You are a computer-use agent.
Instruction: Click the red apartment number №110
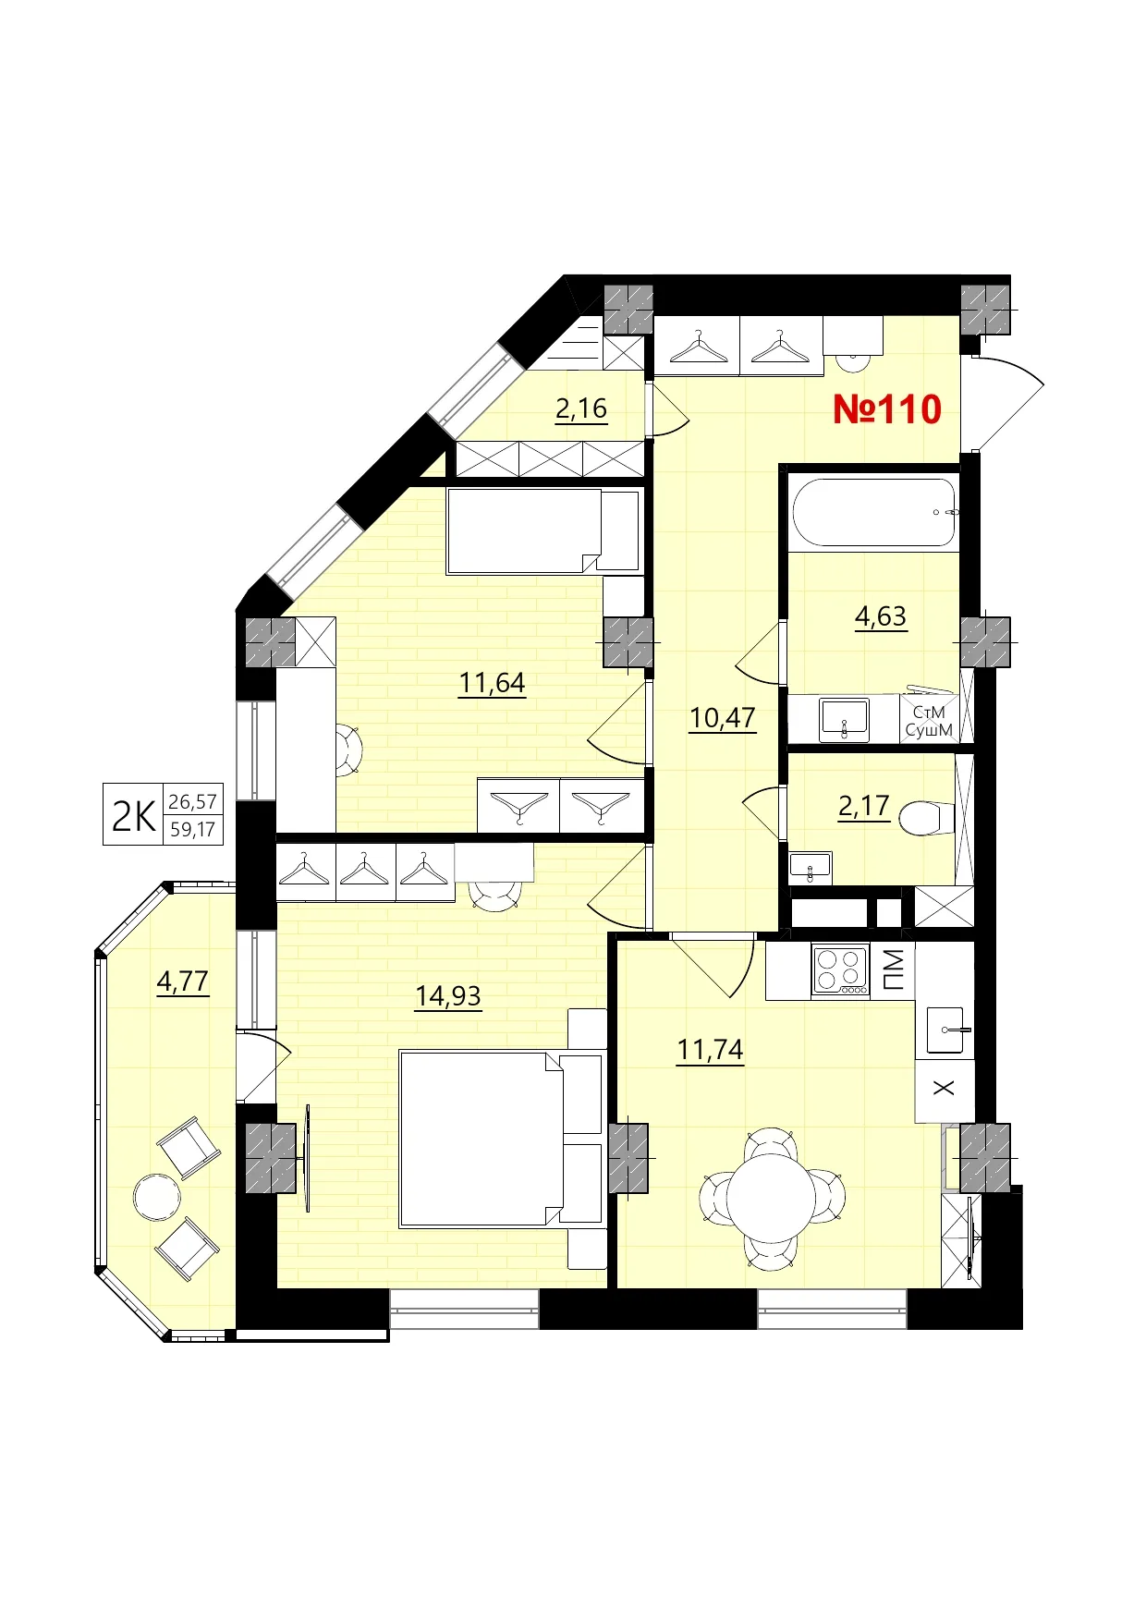pos(886,409)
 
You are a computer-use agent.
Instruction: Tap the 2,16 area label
pos(581,408)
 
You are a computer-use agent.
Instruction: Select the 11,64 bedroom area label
pos(492,683)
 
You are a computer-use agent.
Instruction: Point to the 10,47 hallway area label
pos(722,717)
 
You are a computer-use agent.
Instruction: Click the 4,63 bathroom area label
pos(881,615)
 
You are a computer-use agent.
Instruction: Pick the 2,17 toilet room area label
pos(863,806)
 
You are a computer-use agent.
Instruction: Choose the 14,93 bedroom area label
pos(448,995)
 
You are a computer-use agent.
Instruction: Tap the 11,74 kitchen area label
pos(710,1050)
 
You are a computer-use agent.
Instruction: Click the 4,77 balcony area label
pos(183,981)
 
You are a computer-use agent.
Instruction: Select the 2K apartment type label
pos(133,816)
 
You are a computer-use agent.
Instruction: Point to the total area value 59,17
pos(192,830)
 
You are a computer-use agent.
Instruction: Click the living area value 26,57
pos(192,801)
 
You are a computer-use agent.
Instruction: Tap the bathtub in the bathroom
pos(873,512)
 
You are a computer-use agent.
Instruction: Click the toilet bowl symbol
pos(925,818)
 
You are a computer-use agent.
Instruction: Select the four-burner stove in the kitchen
pos(840,969)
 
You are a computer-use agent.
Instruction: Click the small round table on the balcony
pos(157,1198)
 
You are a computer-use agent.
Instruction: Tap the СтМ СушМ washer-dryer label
pos(929,721)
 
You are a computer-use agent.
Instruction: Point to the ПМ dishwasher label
pos(894,969)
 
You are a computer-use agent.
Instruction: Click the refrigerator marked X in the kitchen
pos(944,1089)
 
